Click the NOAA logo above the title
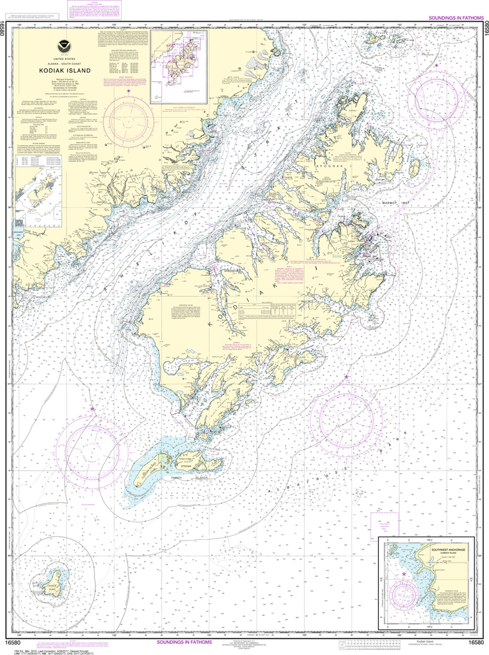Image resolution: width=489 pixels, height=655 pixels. pos(63,45)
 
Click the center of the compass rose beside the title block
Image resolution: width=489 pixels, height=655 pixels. pos(129,120)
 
